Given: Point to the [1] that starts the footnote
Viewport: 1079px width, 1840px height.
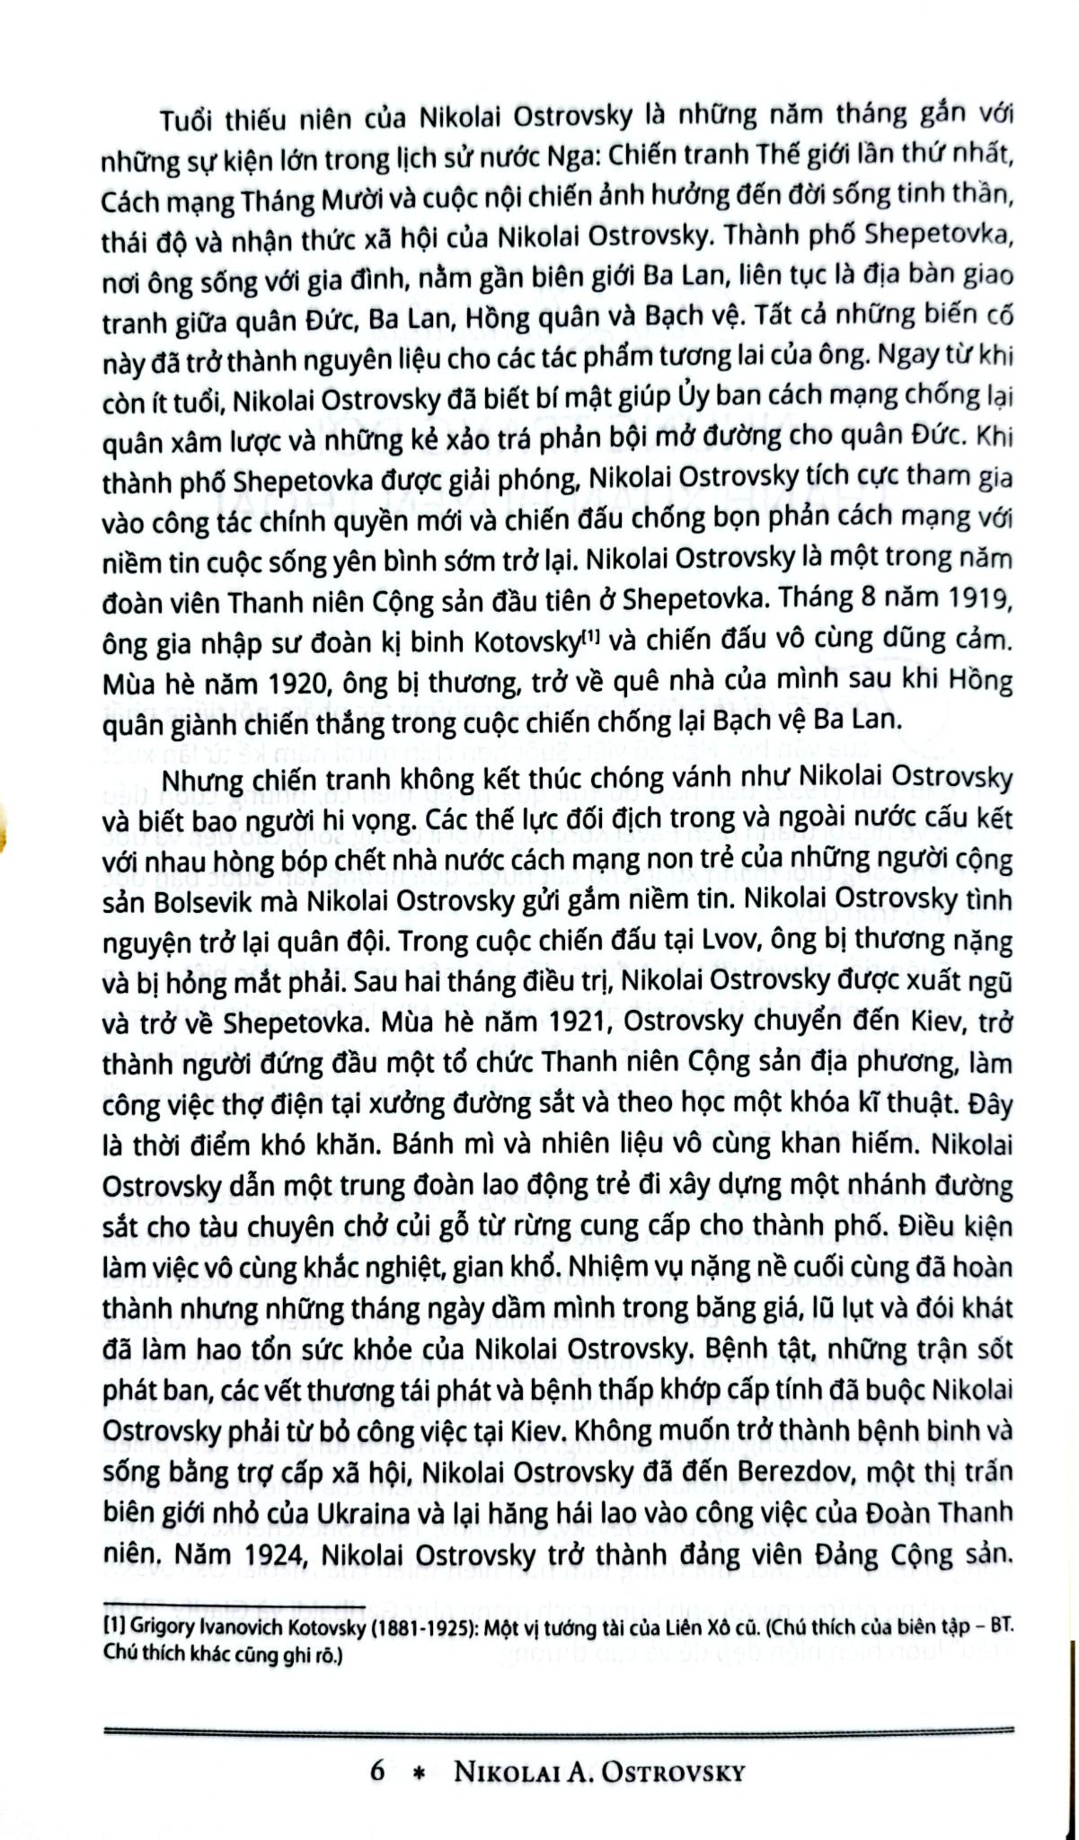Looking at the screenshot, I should [114, 1625].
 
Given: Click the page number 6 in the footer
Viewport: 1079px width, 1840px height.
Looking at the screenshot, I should [378, 1770].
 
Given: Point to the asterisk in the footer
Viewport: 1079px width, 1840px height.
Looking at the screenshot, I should [416, 1772].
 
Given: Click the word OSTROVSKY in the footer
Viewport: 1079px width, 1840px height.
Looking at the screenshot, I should [673, 1771].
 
